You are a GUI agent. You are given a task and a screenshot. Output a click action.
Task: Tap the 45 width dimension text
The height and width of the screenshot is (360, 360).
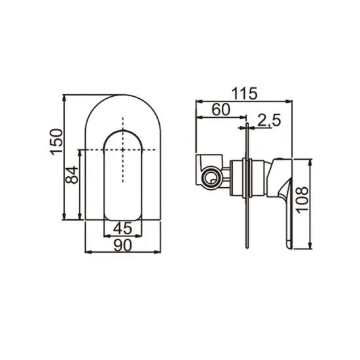coord(123,229)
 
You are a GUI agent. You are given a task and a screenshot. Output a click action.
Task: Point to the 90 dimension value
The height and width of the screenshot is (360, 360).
coord(123,245)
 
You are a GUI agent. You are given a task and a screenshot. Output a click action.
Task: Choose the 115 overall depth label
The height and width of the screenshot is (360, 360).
coord(243,94)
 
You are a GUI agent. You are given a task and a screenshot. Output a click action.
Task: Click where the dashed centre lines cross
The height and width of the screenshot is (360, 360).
coord(123,151)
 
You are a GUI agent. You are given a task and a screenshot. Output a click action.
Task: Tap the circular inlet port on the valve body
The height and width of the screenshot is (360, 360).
coord(210,177)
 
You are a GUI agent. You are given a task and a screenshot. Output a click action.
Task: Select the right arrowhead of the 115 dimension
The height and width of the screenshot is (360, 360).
coord(288,101)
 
